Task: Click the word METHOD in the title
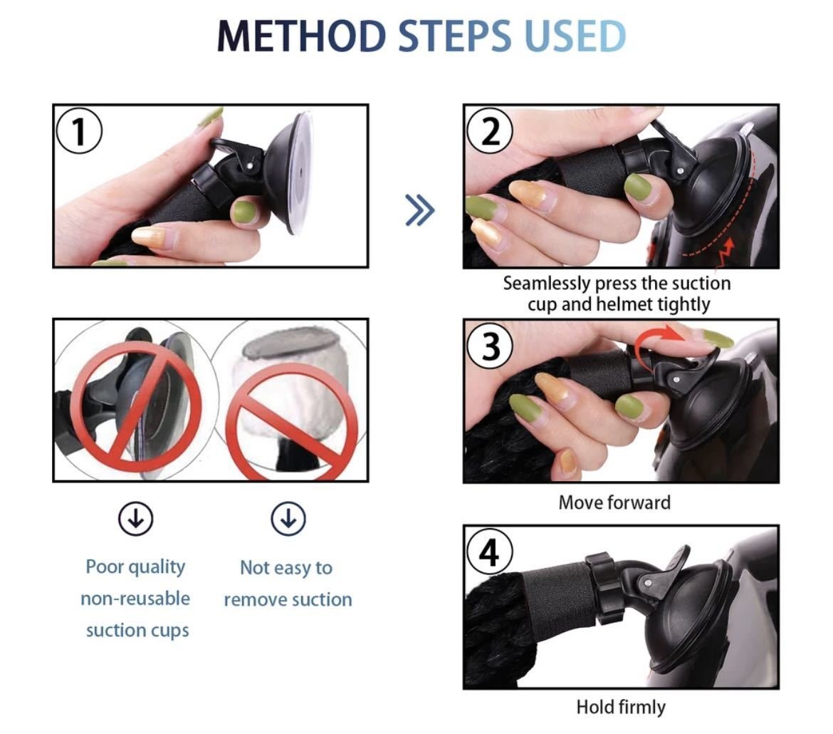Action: (x=301, y=36)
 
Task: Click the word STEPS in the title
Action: (x=455, y=36)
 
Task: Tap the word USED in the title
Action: (x=575, y=36)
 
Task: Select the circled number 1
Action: (x=79, y=131)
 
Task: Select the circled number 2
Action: (x=490, y=131)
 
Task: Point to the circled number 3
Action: (x=490, y=346)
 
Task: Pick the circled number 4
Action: (x=490, y=552)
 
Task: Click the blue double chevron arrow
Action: (x=419, y=210)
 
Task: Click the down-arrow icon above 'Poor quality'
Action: (x=136, y=518)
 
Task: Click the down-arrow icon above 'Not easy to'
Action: (x=288, y=518)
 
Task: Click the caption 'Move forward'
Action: (x=614, y=502)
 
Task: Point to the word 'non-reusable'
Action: (x=135, y=599)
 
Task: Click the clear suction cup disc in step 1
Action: (x=298, y=173)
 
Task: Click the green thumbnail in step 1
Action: (x=243, y=212)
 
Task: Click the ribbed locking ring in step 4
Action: (x=604, y=588)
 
